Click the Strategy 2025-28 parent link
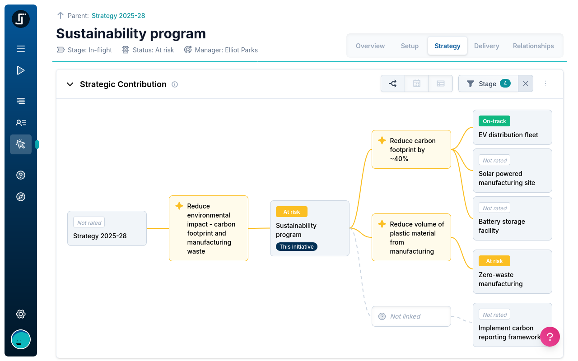pyautogui.click(x=118, y=16)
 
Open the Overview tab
pyautogui.click(x=370, y=46)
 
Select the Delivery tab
pyautogui.click(x=486, y=46)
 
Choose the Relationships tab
pyautogui.click(x=533, y=46)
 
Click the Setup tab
pyautogui.click(x=410, y=46)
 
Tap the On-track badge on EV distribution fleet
pyautogui.click(x=494, y=121)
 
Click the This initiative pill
pyautogui.click(x=297, y=246)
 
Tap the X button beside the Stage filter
pyautogui.click(x=525, y=83)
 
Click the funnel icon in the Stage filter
pyautogui.click(x=470, y=83)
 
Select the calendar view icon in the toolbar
pyautogui.click(x=417, y=83)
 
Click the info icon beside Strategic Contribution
pyautogui.click(x=175, y=84)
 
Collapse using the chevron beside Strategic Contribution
pyautogui.click(x=70, y=84)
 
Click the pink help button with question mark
pyautogui.click(x=550, y=337)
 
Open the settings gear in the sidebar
pyautogui.click(x=21, y=314)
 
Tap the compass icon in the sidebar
pyautogui.click(x=21, y=197)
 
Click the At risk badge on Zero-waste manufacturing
pyautogui.click(x=494, y=261)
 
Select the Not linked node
pyautogui.click(x=411, y=316)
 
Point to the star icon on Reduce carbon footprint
pyautogui.click(x=382, y=140)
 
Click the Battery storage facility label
pyautogui.click(x=502, y=226)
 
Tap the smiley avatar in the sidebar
pyautogui.click(x=21, y=339)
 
